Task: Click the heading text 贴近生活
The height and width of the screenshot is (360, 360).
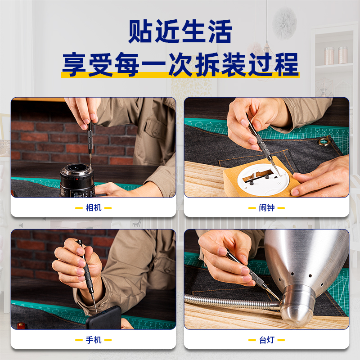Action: (180, 31)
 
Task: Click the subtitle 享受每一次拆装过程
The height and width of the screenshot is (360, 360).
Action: (180, 64)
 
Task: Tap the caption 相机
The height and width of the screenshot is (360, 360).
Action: (94, 208)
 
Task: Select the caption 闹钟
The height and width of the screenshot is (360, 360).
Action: (266, 208)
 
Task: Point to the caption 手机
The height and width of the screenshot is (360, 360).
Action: (94, 340)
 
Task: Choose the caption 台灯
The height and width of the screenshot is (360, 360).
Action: (266, 340)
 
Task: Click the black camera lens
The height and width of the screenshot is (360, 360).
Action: (77, 181)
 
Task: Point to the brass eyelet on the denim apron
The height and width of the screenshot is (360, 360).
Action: (324, 141)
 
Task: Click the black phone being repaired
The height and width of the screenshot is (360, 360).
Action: (104, 318)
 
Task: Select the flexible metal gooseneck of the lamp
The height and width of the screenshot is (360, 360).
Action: (232, 302)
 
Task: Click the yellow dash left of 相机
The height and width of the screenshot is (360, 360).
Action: (79, 208)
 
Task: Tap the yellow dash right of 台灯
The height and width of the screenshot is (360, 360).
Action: (281, 340)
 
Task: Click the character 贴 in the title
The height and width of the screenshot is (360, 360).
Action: (140, 31)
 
